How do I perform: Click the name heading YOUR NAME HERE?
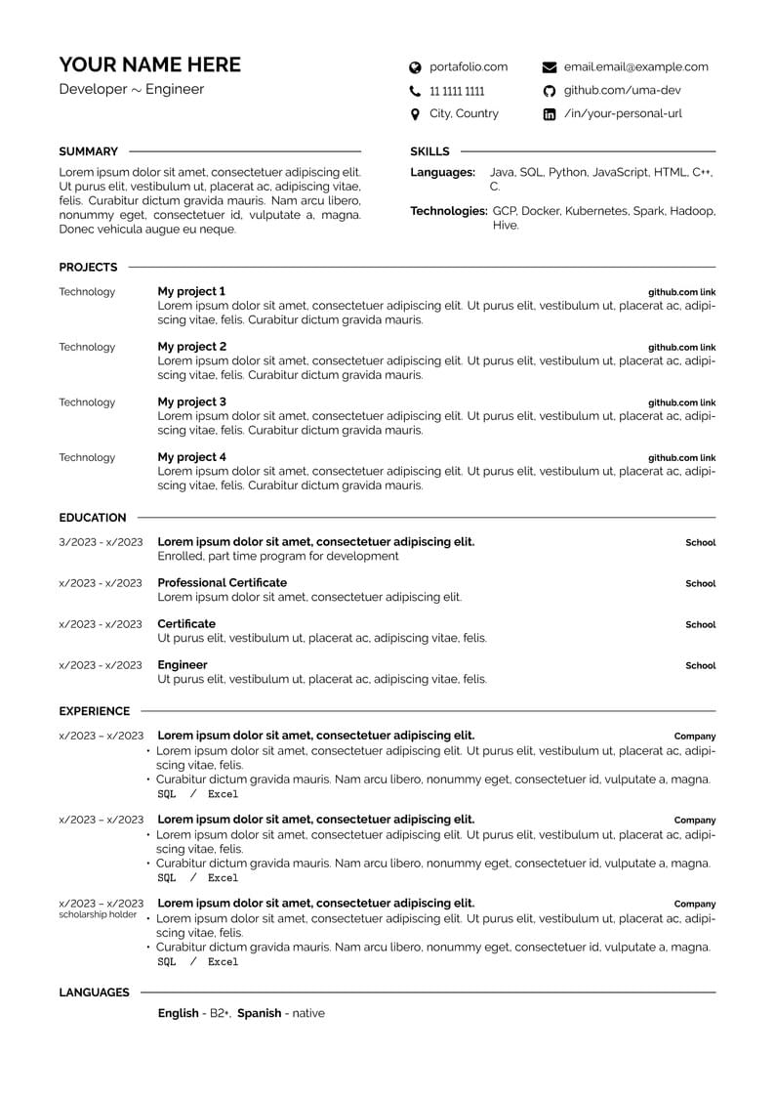pos(149,64)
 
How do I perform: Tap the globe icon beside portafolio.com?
pos(415,67)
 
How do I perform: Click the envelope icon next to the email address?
pos(550,67)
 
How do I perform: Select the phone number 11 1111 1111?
pos(457,91)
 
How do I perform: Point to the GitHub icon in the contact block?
pos(550,91)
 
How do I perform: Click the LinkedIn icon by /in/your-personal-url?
pos(550,114)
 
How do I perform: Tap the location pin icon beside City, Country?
pos(415,114)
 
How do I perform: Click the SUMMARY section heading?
pos(88,151)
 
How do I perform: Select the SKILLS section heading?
pos(429,151)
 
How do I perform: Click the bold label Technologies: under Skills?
pos(448,211)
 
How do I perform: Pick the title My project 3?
pos(192,401)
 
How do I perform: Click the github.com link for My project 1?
pos(681,292)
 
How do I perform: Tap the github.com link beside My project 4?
pos(681,457)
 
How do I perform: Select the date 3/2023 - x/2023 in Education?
pos(101,542)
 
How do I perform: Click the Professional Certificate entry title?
pos(223,582)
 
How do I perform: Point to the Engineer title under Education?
pos(183,664)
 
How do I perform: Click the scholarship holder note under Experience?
pos(98,914)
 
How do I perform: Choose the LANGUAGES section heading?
pos(94,992)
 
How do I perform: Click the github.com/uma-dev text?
pos(623,91)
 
